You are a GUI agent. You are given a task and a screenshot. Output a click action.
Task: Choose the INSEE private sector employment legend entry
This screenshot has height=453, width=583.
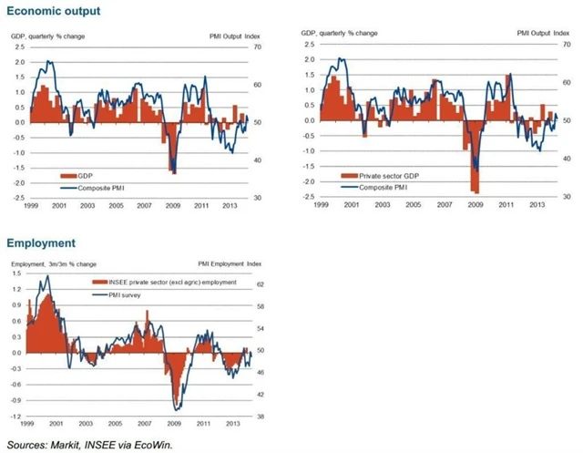pos(172,282)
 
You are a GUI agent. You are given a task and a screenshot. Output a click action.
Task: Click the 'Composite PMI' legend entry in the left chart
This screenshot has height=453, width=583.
pos(98,186)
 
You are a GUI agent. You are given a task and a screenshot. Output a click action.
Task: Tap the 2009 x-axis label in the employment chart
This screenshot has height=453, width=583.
pos(172,425)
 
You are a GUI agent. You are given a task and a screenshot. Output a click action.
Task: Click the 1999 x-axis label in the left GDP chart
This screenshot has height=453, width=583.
pos(30,206)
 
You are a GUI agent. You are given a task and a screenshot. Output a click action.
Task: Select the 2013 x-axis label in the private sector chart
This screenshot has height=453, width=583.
pos(537,206)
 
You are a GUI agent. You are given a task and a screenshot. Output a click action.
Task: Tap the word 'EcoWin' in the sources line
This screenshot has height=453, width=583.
pos(152,445)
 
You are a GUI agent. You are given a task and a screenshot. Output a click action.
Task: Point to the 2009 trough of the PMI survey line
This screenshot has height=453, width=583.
pos(177,409)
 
